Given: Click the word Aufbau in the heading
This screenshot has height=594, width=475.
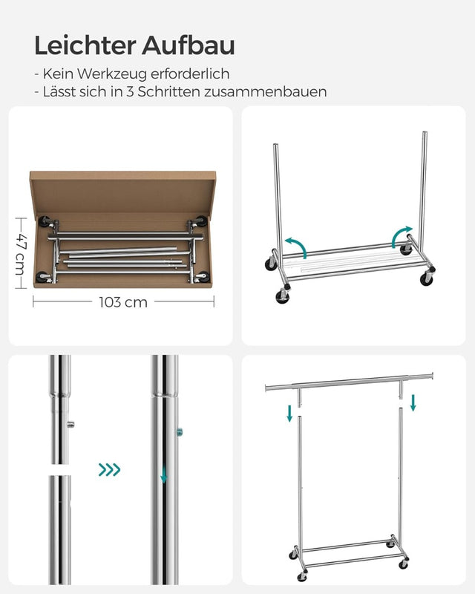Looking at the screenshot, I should pos(190,45).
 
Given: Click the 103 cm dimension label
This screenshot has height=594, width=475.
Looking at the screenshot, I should pos(123,302).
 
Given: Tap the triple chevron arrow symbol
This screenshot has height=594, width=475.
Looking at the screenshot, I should pos(109,470).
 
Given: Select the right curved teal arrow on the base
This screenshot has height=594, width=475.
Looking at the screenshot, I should pos(404,235).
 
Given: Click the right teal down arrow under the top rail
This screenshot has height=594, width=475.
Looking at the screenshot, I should pos(413,402).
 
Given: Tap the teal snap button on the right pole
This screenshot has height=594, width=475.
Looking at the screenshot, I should pos(180,431).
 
